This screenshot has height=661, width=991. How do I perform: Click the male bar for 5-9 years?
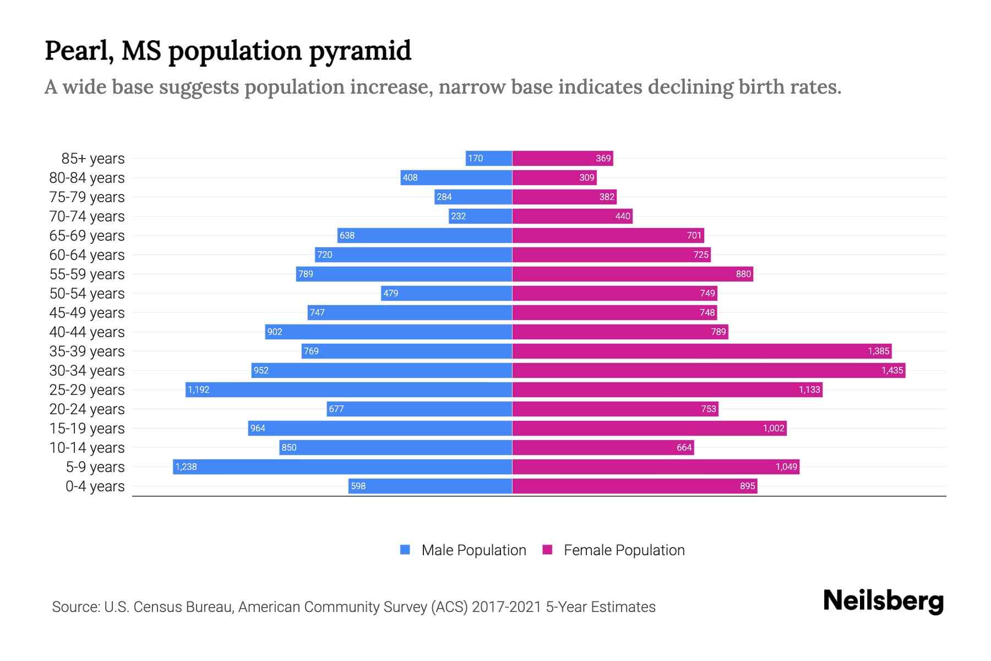tap(342, 467)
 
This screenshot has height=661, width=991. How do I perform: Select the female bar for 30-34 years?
tap(709, 370)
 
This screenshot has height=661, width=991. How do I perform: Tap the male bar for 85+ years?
tap(489, 158)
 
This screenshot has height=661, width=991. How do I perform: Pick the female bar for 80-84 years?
tap(554, 177)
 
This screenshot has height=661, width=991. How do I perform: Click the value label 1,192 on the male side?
tap(198, 390)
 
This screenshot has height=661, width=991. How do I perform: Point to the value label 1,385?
tap(878, 351)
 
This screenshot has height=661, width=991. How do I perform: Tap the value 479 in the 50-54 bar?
tap(390, 293)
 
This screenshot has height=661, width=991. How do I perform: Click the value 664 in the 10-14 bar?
tap(684, 447)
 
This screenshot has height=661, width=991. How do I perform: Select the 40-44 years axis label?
tap(87, 332)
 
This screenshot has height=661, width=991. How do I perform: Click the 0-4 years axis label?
tap(95, 486)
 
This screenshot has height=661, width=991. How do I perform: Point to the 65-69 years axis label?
tap(87, 236)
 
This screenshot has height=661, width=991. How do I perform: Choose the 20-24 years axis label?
tap(87, 409)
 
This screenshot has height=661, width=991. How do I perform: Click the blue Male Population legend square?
tap(405, 550)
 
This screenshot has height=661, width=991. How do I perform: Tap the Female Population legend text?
tap(624, 550)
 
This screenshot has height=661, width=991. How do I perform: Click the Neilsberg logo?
tap(883, 601)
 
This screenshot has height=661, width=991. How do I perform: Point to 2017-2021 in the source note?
tap(507, 607)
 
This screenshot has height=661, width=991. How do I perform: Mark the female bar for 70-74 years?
tap(573, 216)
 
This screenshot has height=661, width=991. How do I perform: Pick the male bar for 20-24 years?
tap(419, 409)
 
